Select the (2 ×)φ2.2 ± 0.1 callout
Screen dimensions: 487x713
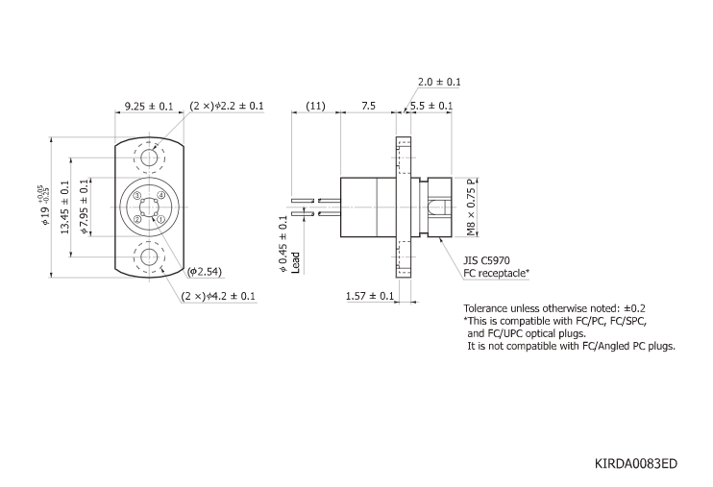pyautogui.click(x=227, y=106)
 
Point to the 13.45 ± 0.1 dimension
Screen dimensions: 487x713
pyautogui.click(x=64, y=206)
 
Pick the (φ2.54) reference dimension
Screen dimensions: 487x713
pyautogui.click(x=206, y=272)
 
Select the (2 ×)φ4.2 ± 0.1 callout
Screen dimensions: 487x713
pyautogui.click(x=218, y=296)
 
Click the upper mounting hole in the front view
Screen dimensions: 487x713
pyautogui.click(x=150, y=158)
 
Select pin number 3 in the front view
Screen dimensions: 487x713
pyautogui.click(x=138, y=196)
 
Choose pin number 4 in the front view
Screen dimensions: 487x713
pyautogui.click(x=161, y=196)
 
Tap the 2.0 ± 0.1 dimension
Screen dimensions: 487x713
pyautogui.click(x=439, y=83)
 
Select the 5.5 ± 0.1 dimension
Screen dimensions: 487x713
pyautogui.click(x=431, y=106)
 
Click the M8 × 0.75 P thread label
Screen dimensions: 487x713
pyautogui.click(x=471, y=207)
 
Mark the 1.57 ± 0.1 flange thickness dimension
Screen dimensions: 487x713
pyautogui.click(x=370, y=296)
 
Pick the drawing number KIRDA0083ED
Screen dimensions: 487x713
pyautogui.click(x=636, y=463)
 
